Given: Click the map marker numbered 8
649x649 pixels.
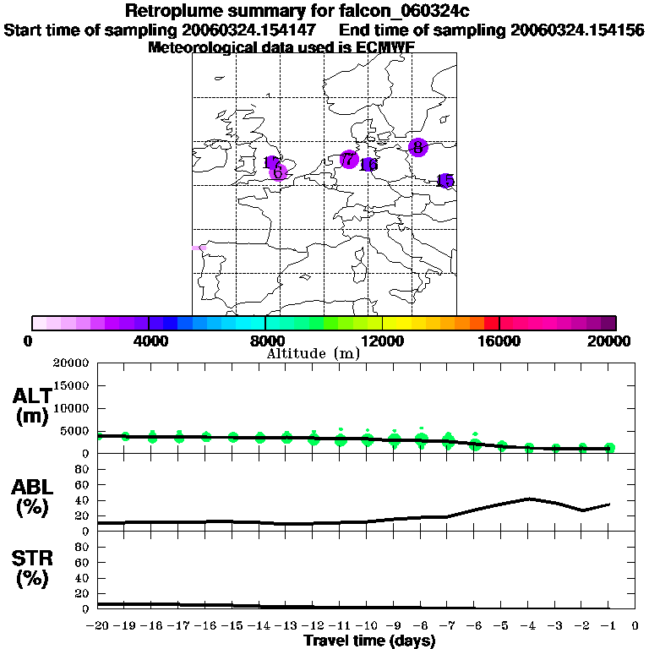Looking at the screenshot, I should (x=417, y=147).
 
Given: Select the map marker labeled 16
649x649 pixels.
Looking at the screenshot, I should (x=369, y=165).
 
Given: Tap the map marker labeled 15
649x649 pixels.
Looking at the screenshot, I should (x=445, y=181).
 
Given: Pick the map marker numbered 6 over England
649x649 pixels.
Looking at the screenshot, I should (x=278, y=172).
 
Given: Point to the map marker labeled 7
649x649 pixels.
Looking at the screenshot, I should (x=348, y=159).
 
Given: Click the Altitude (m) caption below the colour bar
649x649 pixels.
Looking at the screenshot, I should (x=314, y=353).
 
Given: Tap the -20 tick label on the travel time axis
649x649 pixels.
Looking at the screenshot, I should (x=98, y=626).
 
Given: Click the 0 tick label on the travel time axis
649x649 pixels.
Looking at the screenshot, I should (x=635, y=626).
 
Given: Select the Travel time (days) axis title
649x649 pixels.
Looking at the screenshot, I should (x=369, y=641).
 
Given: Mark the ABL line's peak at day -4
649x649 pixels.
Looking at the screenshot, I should (x=528, y=499).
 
